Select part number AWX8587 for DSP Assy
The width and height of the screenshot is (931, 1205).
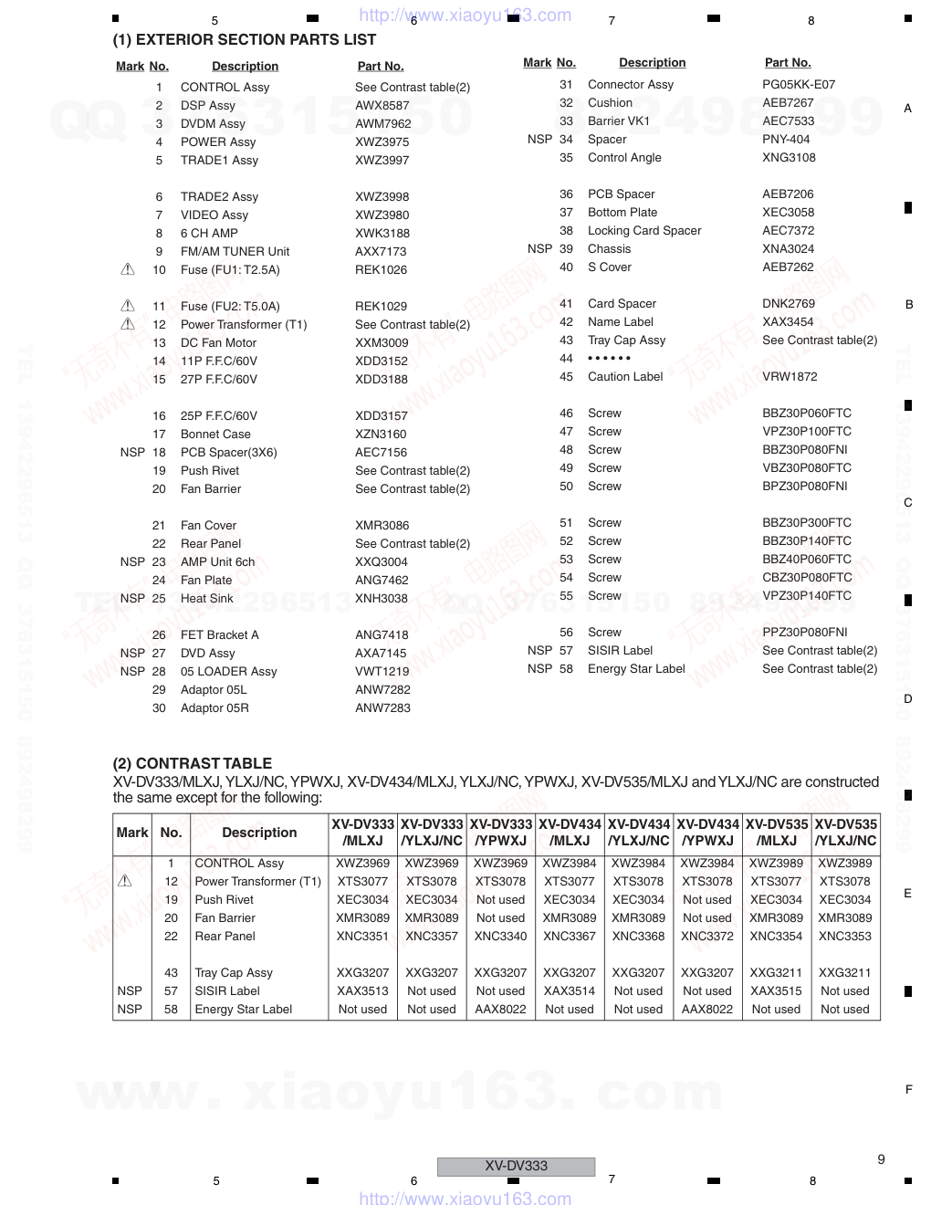click(382, 106)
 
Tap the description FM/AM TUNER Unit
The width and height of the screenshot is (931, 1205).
click(235, 252)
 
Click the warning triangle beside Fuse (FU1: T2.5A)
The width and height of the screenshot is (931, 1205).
click(128, 269)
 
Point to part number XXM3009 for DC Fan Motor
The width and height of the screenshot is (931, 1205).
click(382, 343)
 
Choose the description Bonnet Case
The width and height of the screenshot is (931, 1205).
click(215, 435)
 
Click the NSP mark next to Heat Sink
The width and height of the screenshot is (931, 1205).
click(132, 599)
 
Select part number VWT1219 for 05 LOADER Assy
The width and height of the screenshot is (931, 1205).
click(382, 672)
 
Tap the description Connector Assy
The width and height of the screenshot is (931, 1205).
click(631, 85)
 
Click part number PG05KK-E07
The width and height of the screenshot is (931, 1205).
click(799, 85)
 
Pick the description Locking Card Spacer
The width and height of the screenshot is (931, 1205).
click(644, 231)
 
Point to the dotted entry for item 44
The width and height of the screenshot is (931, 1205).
click(609, 359)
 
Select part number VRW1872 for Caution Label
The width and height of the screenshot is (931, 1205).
click(790, 377)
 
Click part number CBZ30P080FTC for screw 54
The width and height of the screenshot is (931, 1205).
click(807, 578)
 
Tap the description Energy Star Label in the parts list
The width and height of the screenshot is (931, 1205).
click(636, 669)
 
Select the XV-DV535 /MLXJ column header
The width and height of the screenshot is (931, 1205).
click(777, 833)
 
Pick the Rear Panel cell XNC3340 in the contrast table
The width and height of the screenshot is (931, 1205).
click(500, 937)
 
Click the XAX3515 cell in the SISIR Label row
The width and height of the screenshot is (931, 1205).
click(776, 991)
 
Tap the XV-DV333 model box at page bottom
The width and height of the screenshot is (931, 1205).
click(516, 1167)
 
